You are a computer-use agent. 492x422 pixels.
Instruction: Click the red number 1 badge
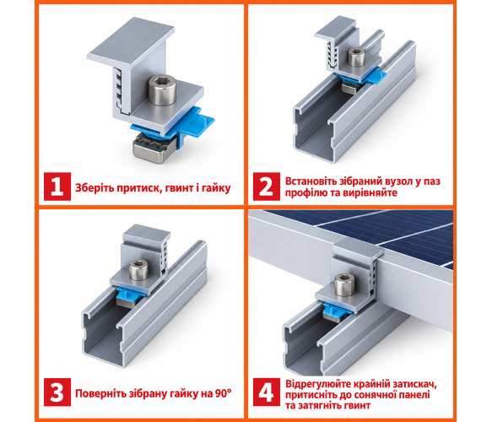(x=57, y=187)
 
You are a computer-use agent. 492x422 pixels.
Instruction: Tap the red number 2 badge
(x=267, y=187)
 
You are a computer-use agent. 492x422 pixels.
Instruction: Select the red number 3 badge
(x=57, y=392)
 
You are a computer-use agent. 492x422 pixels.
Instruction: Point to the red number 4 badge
(x=267, y=392)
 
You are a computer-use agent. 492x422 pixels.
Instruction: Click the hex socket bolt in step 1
(x=162, y=89)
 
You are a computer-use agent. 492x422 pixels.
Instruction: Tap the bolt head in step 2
(x=357, y=57)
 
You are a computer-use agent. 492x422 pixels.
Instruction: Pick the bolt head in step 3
(x=138, y=270)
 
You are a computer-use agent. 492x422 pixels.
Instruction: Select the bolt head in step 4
(x=344, y=284)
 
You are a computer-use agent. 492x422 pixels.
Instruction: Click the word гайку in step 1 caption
(x=216, y=188)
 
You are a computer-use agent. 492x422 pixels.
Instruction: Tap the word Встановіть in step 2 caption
(x=311, y=181)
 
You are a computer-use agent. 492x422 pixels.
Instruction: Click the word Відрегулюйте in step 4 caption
(x=318, y=384)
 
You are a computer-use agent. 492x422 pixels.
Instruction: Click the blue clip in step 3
(x=129, y=295)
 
